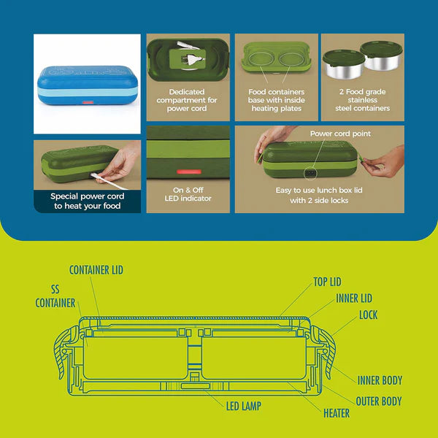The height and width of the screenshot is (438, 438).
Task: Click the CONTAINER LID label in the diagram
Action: [96, 270]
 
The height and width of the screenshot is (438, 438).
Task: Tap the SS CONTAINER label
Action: [55, 296]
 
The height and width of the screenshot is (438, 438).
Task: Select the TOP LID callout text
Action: [327, 282]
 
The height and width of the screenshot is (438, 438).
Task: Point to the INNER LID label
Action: [354, 299]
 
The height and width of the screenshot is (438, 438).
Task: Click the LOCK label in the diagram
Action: [368, 315]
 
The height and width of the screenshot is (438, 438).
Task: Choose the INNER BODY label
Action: [380, 380]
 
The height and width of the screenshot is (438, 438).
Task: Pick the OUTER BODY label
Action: [379, 401]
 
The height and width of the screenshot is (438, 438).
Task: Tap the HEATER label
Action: [337, 413]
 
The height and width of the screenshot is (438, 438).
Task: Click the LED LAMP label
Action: [244, 406]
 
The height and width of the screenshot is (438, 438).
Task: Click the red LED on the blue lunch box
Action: [88, 102]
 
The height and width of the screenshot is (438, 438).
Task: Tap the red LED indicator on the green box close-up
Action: [189, 172]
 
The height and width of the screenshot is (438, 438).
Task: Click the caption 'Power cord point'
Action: [340, 134]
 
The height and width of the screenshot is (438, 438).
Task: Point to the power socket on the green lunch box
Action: [310, 173]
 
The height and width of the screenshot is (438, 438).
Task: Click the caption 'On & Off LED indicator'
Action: [188, 194]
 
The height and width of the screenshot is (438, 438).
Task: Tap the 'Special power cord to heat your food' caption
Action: [87, 201]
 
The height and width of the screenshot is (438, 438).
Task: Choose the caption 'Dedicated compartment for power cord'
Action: [187, 100]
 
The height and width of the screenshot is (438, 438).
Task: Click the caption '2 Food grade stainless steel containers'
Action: [363, 100]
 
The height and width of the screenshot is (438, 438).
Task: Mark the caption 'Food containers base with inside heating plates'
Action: [277, 100]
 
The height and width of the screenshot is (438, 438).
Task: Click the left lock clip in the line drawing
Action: [64, 352]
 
